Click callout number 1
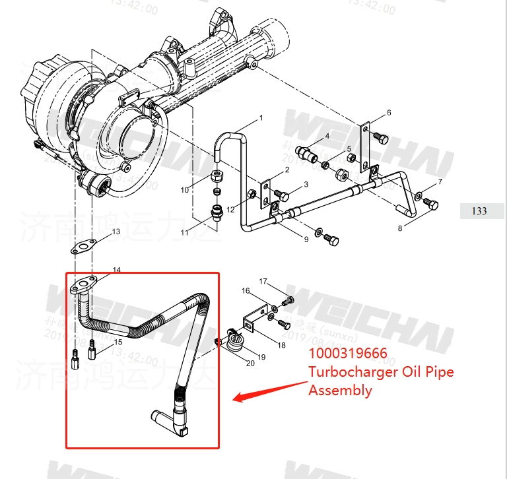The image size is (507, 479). pos(261,118)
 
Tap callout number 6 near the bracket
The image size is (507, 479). pos(389,113)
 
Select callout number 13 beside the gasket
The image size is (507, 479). pos(116,232)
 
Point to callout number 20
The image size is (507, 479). pos(250,363)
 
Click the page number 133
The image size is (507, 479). pos(479,211)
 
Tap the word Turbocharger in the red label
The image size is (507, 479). pos(347,372)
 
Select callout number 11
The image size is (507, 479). pos(184,232)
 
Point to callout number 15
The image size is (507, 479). pos(119,342)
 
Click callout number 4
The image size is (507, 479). pos(326,136)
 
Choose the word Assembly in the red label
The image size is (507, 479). pos(340,390)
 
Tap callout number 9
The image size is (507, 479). pos(306,239)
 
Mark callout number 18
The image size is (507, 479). pos(281,344)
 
